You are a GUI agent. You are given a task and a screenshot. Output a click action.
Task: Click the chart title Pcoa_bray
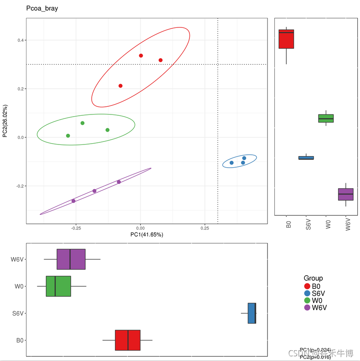click(x=42, y=9)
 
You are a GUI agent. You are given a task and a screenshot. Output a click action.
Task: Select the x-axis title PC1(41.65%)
click(x=147, y=235)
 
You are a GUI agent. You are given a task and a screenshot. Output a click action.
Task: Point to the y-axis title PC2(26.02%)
click(x=5, y=121)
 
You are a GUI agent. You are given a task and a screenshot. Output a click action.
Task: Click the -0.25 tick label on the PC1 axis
click(x=75, y=228)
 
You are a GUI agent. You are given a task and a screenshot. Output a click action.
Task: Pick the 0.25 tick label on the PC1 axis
click(x=205, y=228)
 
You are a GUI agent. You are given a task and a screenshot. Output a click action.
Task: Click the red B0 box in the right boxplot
click(x=286, y=39)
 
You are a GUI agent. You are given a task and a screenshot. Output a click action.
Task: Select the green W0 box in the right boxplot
click(x=326, y=118)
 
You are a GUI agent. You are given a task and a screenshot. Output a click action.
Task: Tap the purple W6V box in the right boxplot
click(x=346, y=194)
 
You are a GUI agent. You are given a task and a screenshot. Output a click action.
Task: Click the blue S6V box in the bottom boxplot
click(x=252, y=313)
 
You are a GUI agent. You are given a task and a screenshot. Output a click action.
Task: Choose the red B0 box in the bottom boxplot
click(x=128, y=340)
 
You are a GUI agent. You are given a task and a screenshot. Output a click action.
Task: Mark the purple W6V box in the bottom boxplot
click(x=71, y=259)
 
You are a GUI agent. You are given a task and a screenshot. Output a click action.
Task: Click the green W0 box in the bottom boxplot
click(x=58, y=286)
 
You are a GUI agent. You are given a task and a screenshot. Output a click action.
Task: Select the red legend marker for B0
click(x=307, y=286)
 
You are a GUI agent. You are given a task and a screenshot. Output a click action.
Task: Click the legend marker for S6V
click(x=307, y=293)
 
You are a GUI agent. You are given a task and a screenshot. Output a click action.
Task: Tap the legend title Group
click(x=313, y=278)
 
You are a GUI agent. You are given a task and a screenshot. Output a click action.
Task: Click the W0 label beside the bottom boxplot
click(x=18, y=286)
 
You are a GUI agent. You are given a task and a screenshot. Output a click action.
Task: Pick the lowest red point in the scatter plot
click(x=120, y=86)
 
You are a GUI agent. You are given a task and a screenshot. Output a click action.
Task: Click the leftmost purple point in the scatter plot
click(x=73, y=201)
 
